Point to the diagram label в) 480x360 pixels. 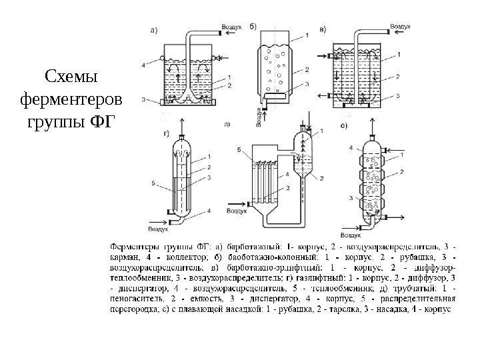(x=323, y=29)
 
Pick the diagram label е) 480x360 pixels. (x=343, y=126)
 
